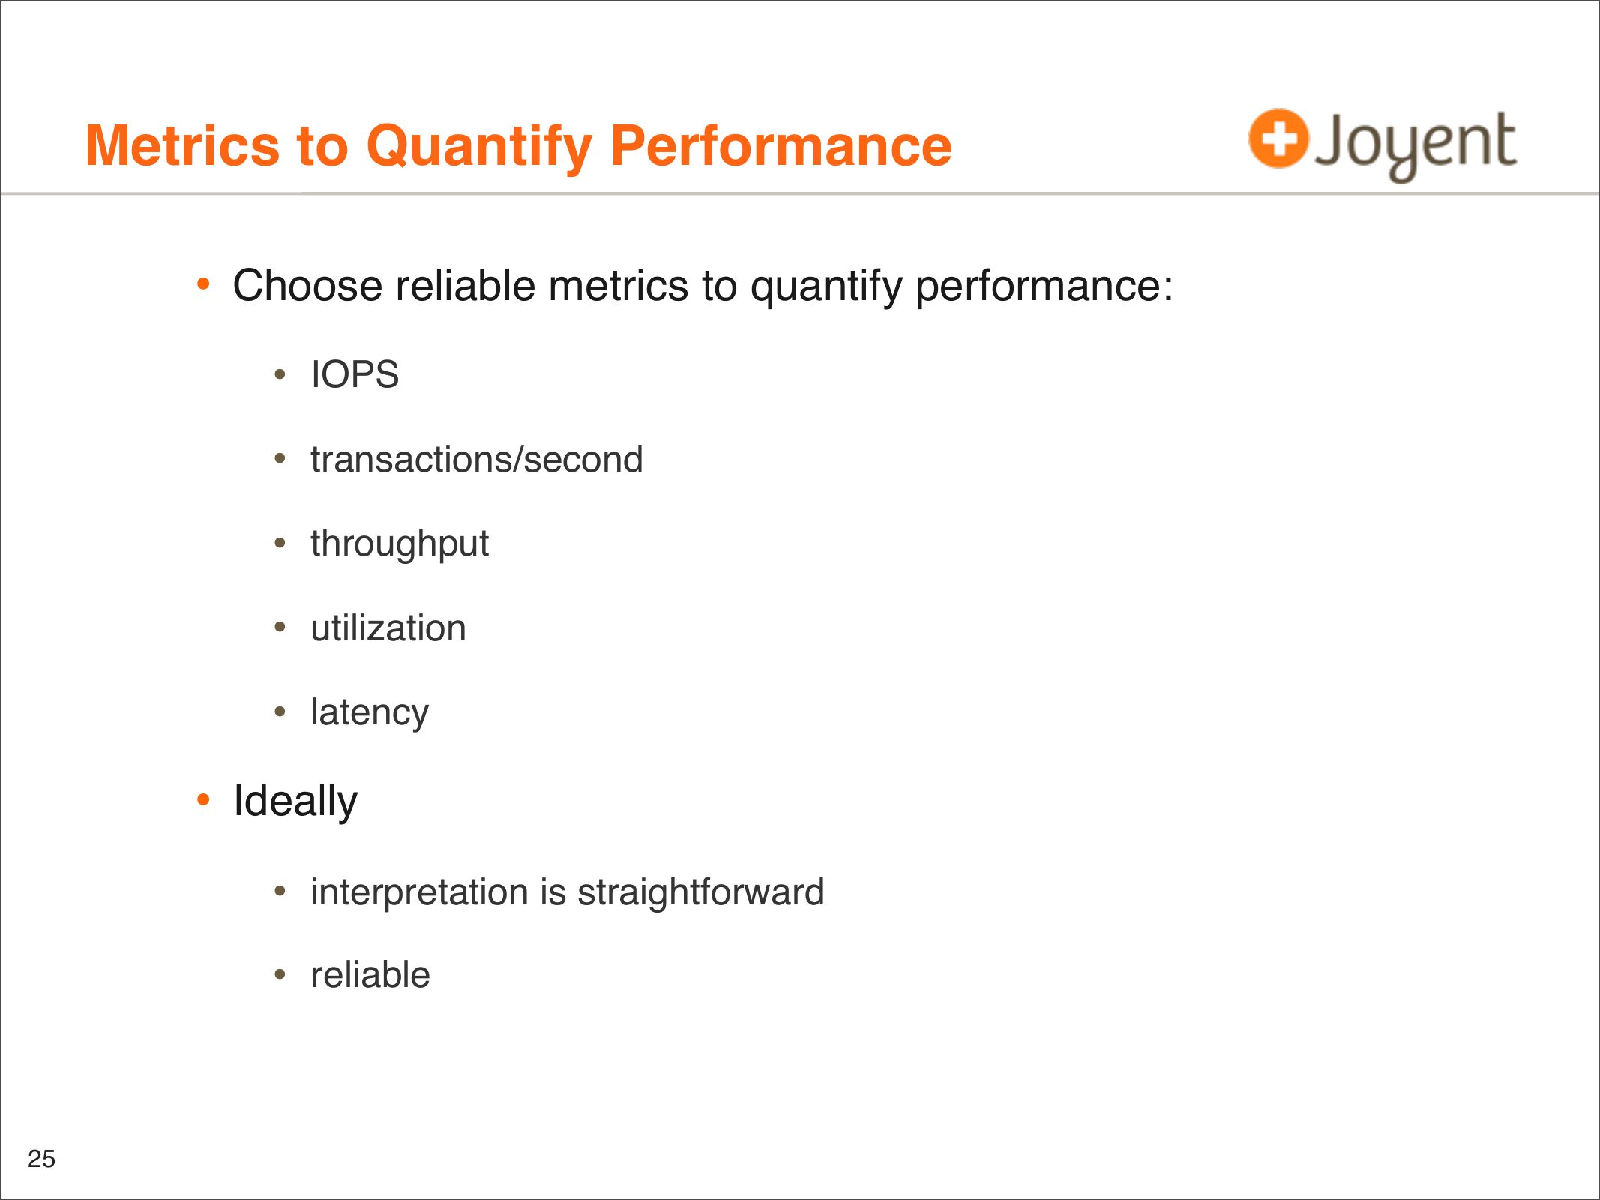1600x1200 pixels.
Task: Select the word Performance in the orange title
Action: click(x=781, y=145)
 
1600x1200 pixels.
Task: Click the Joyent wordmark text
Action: click(x=1416, y=145)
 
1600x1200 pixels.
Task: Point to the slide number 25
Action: click(x=41, y=1159)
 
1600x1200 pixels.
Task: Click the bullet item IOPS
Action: click(x=355, y=374)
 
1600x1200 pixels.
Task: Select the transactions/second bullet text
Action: click(x=477, y=459)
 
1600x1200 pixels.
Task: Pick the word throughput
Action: click(x=400, y=544)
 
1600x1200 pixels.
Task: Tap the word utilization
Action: click(x=388, y=628)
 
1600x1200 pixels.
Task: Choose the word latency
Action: click(x=370, y=713)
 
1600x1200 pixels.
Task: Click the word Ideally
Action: click(x=295, y=802)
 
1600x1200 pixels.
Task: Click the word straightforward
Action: click(x=700, y=893)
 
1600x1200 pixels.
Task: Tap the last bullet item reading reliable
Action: click(x=370, y=975)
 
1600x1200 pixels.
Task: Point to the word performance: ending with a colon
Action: click(x=1044, y=287)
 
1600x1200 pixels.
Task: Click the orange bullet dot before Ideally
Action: click(x=203, y=800)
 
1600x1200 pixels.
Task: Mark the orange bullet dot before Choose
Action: click(x=203, y=284)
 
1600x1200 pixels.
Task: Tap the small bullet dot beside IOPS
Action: click(x=280, y=373)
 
